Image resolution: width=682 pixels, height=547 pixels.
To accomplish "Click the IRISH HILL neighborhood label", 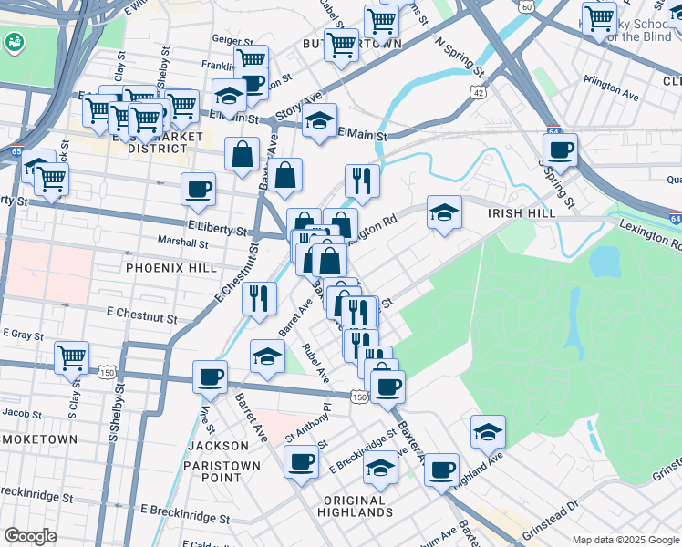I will click(x=520, y=212).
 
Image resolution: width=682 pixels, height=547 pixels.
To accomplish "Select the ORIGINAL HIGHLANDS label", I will click(x=355, y=508).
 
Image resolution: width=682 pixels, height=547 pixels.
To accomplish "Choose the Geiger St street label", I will click(x=232, y=40).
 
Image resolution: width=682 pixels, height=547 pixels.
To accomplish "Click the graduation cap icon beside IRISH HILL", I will click(x=444, y=212).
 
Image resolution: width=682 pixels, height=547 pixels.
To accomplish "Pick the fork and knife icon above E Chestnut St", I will click(x=260, y=297).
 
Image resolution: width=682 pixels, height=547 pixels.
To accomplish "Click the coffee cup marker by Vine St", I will click(x=210, y=376).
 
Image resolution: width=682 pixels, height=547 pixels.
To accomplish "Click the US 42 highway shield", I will click(x=478, y=91).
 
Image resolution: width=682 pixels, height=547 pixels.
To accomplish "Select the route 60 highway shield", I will click(x=527, y=6).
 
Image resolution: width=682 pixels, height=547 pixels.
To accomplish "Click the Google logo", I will click(x=30, y=536).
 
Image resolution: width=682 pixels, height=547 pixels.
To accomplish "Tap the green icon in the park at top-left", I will click(x=15, y=41).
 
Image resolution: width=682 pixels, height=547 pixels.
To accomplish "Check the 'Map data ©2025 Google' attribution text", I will click(x=625, y=539).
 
